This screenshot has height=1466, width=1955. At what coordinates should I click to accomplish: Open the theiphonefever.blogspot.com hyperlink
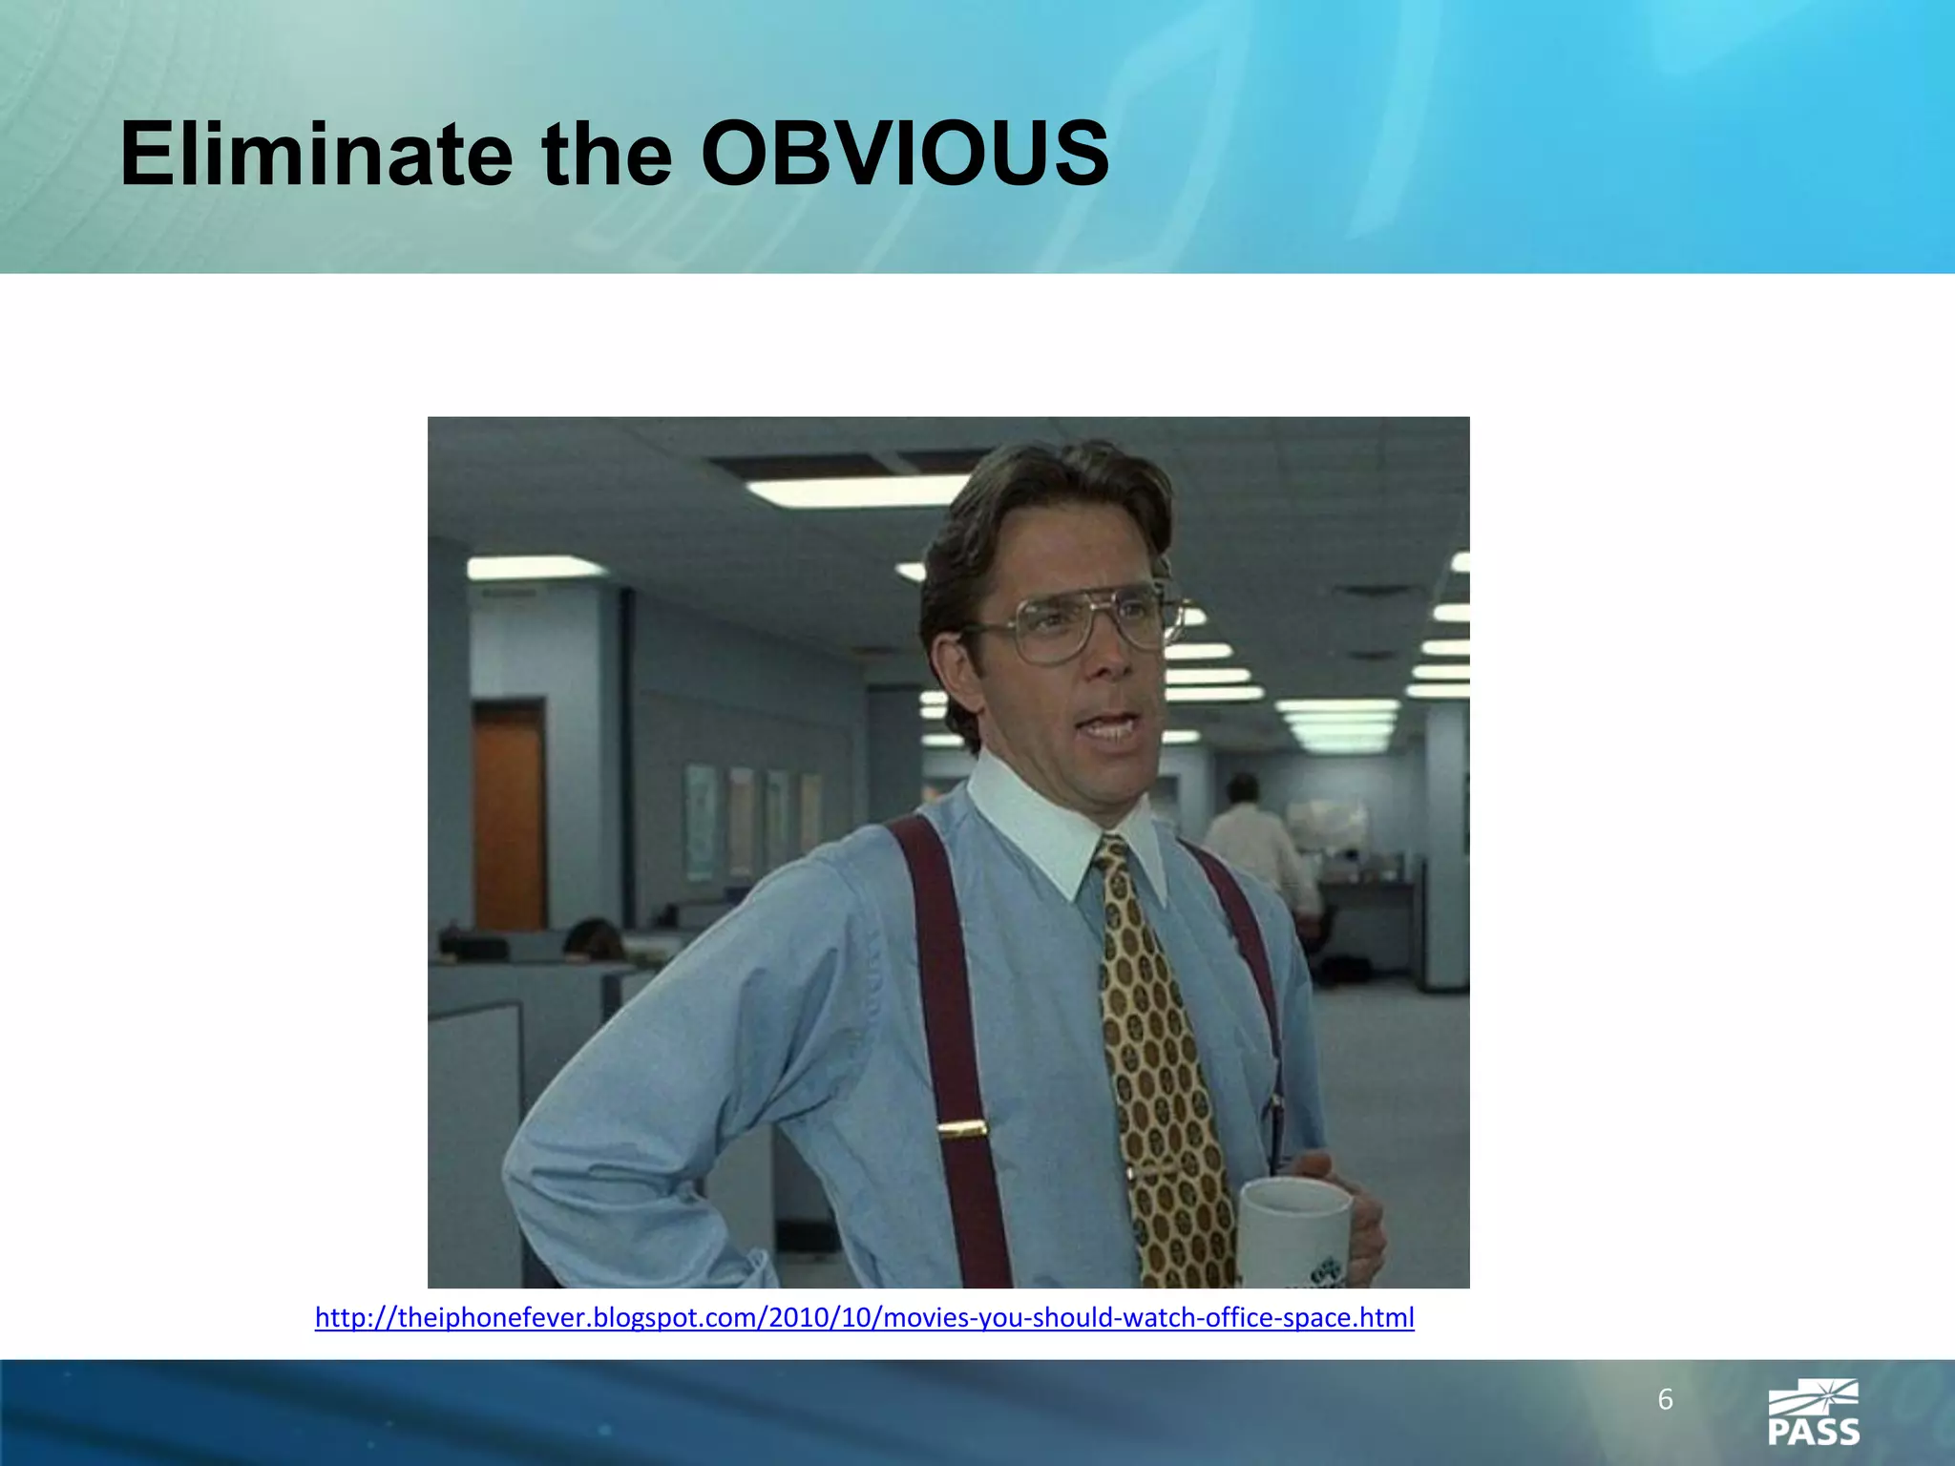[x=864, y=1318]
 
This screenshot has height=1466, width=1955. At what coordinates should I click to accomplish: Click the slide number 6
[x=1665, y=1399]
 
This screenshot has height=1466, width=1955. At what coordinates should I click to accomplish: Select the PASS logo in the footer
[x=1813, y=1413]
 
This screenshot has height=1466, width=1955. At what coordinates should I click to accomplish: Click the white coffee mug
[x=1294, y=1231]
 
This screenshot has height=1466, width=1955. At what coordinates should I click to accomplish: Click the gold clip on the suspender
[x=961, y=1131]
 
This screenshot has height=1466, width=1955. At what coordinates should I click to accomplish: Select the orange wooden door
[x=509, y=816]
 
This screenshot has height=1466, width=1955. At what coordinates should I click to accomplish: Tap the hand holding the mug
[x=1356, y=1212]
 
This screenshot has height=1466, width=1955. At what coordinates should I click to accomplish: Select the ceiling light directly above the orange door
[x=535, y=569]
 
